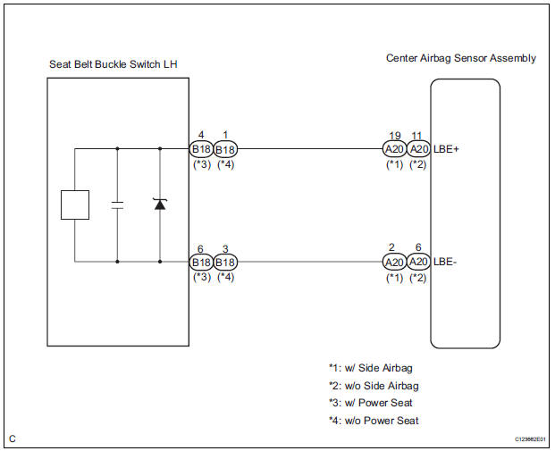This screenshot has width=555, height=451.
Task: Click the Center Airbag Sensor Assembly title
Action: pos(460,58)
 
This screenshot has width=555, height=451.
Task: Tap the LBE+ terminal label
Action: pos(446,149)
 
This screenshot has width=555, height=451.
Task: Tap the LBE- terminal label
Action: pos(445,263)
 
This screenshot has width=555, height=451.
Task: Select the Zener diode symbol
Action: pos(160,204)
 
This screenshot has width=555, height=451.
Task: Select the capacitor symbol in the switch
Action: pos(117,205)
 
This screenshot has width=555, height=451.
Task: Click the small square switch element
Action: pos(74,205)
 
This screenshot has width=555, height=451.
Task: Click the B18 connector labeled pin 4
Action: pos(200,149)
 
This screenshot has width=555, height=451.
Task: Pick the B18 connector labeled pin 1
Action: pos(225,149)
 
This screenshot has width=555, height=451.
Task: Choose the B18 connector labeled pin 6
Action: pos(200,263)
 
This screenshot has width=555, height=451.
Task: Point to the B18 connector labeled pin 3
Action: pos(225,263)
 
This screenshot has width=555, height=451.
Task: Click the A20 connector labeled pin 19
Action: pos(394,149)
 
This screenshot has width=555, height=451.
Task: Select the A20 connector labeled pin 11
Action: pos(417,149)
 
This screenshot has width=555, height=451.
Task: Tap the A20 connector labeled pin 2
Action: pos(394,263)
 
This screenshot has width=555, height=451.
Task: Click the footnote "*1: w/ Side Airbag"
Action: pos(370,368)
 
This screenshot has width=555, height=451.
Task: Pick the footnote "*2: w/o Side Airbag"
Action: pos(373,386)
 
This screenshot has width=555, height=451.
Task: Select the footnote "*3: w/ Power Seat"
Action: pos(371,404)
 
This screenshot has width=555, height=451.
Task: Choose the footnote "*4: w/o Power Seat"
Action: pos(374,421)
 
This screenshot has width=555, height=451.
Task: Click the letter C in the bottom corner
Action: pos(13,438)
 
